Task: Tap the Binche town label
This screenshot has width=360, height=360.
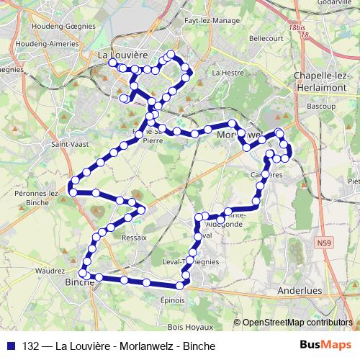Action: point(80,282)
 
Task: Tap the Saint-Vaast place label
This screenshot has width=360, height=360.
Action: point(66,143)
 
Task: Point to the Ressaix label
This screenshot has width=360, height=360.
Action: point(135,237)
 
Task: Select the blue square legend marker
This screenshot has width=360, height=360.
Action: point(11,346)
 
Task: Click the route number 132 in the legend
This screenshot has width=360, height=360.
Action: point(30,346)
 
